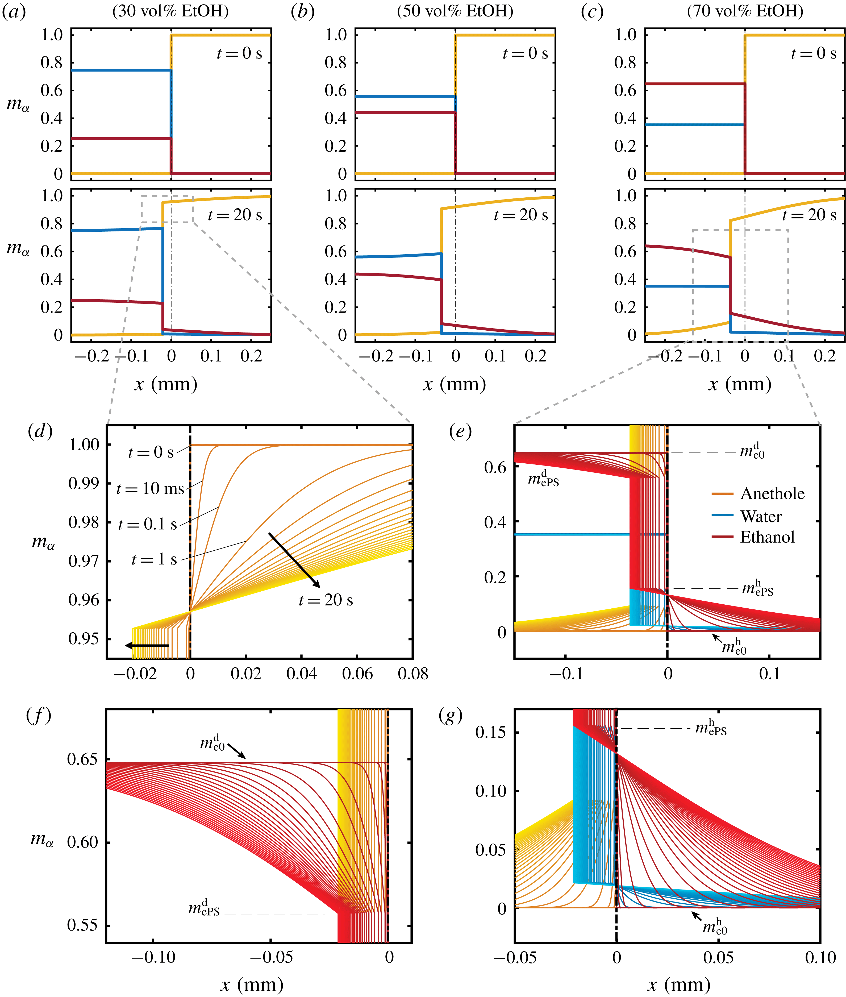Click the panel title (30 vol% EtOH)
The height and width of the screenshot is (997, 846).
coord(170,11)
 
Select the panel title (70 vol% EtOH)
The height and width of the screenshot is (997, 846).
coord(745,11)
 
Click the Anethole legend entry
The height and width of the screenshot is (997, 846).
coord(772,493)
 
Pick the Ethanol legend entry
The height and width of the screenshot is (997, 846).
coord(767,537)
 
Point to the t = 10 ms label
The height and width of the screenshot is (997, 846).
coord(150,489)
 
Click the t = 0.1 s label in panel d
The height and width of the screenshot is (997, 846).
coord(148,524)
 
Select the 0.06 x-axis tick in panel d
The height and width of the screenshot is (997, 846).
coord(357,674)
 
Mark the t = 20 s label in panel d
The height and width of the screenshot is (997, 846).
coord(326,600)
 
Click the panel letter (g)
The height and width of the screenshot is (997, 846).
coord(451,716)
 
